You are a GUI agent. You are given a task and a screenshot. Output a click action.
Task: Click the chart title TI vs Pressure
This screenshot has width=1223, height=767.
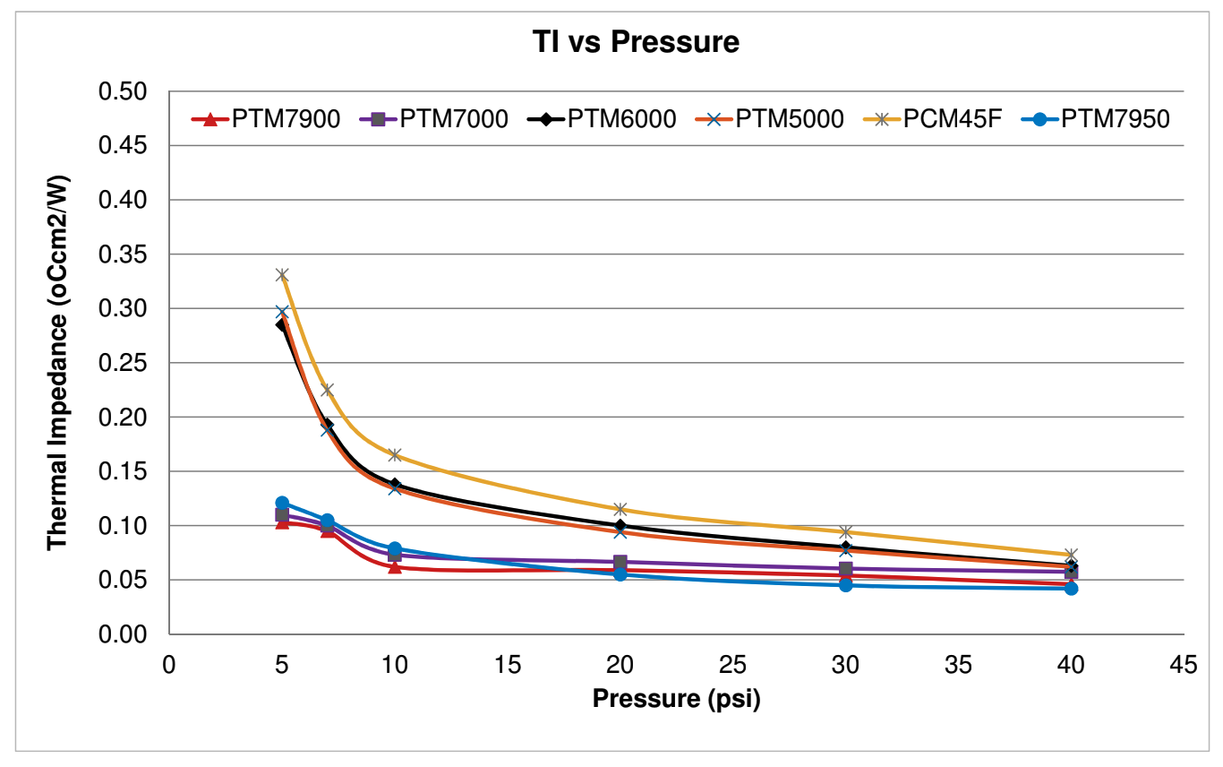tap(611, 42)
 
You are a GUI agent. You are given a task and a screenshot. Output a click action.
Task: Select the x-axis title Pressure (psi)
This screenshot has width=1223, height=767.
tap(676, 698)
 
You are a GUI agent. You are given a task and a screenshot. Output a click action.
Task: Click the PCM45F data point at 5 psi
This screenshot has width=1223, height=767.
tap(282, 275)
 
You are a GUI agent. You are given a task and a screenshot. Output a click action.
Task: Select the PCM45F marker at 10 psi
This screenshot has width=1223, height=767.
tap(394, 454)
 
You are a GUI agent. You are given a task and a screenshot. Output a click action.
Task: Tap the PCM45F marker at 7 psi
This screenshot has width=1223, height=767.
tap(327, 390)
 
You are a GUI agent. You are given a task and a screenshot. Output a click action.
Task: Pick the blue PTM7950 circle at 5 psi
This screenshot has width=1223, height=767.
tap(282, 504)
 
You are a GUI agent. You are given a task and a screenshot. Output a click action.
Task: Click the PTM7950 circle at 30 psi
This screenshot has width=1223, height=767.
tap(846, 585)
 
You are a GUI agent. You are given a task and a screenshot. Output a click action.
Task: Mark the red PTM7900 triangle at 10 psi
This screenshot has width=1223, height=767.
tap(394, 566)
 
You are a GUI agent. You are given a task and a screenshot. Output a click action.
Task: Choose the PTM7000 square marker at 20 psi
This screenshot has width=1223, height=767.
tap(620, 562)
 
